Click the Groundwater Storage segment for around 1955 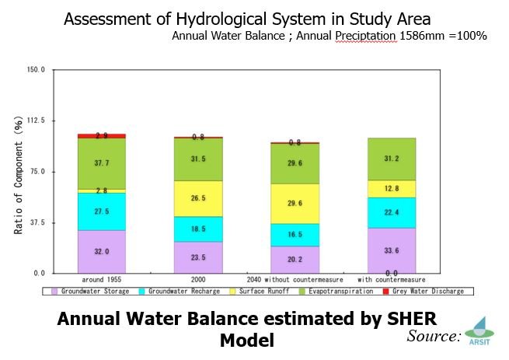[x=102, y=251]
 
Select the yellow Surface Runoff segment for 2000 [x=197, y=198]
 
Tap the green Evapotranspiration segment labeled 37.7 [x=102, y=163]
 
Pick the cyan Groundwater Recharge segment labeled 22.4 [x=392, y=213]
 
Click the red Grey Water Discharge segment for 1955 [x=102, y=136]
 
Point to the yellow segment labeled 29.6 [x=295, y=204]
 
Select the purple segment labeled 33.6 [x=392, y=250]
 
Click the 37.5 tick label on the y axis [x=37, y=222]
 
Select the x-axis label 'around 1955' [x=101, y=279]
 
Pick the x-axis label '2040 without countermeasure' [x=295, y=279]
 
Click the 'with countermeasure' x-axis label [x=391, y=279]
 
